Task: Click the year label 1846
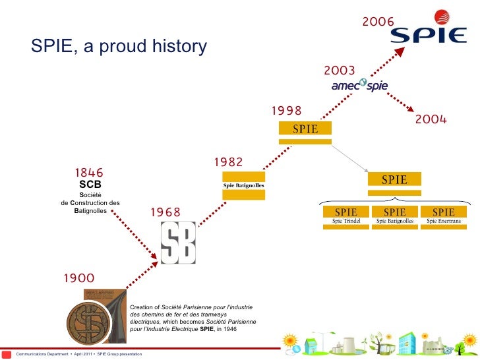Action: (x=88, y=173)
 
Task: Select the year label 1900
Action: (x=78, y=278)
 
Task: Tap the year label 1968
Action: (x=165, y=212)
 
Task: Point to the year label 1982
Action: (x=228, y=162)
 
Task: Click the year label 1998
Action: (x=286, y=111)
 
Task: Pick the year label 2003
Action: (x=340, y=71)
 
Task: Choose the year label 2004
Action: (x=431, y=119)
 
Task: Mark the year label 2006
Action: (x=378, y=22)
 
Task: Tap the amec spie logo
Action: (x=359, y=86)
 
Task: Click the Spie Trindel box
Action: (x=345, y=216)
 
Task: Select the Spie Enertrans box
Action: (x=443, y=216)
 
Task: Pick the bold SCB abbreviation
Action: (x=90, y=185)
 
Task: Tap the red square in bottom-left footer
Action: (x=7, y=354)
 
